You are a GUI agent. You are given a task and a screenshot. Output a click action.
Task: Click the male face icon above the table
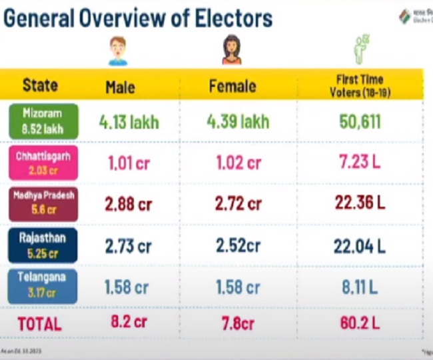point(118,51)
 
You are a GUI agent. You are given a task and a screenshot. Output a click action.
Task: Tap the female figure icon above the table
point(231,50)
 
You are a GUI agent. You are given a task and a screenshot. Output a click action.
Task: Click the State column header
point(40,85)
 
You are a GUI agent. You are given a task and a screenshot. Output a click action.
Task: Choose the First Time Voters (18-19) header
point(360,85)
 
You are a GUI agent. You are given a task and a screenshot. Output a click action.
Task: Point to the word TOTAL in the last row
point(39,325)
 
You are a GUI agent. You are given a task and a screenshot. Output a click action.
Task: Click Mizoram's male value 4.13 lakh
point(129,122)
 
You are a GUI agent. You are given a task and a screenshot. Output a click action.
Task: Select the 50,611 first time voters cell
point(359,121)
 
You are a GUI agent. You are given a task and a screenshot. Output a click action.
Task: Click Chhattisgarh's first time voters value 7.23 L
point(360,163)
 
